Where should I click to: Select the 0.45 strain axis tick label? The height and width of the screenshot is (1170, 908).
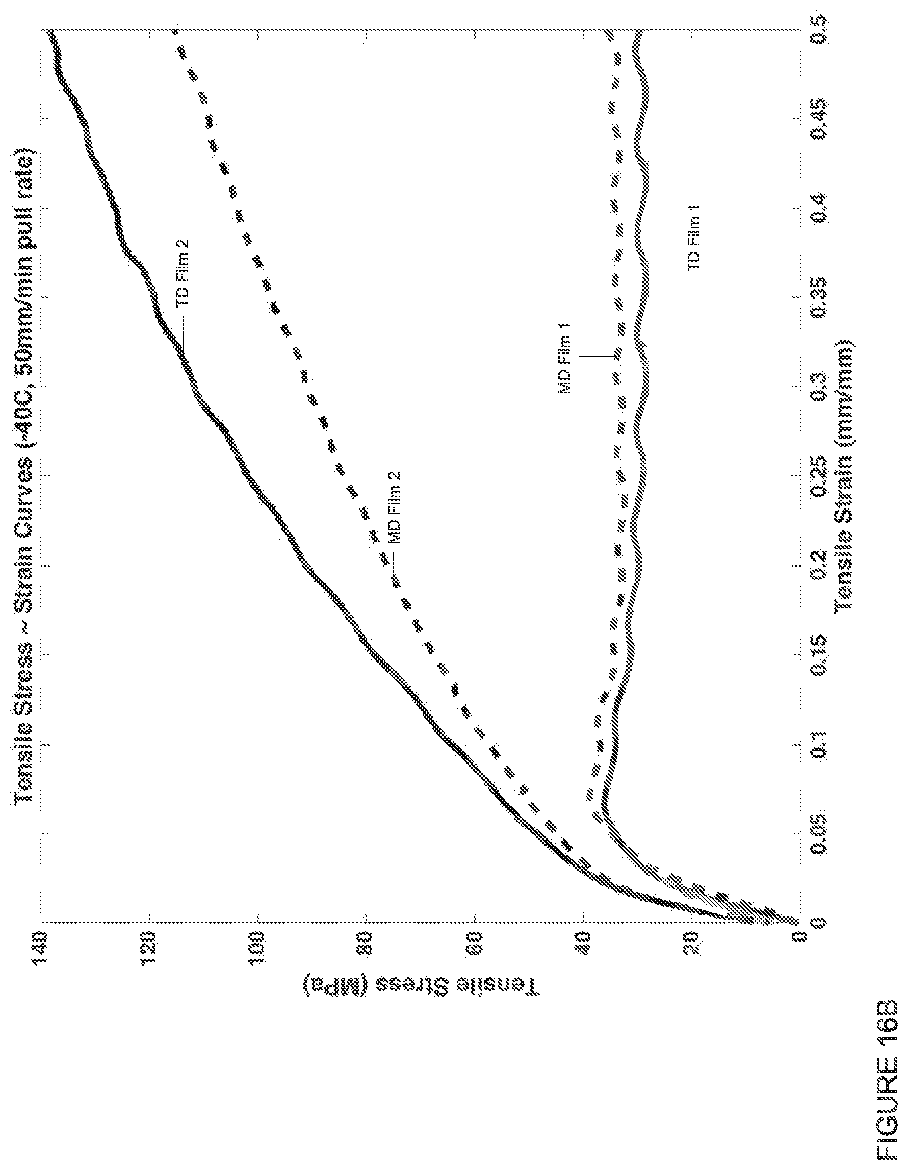[819, 118]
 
